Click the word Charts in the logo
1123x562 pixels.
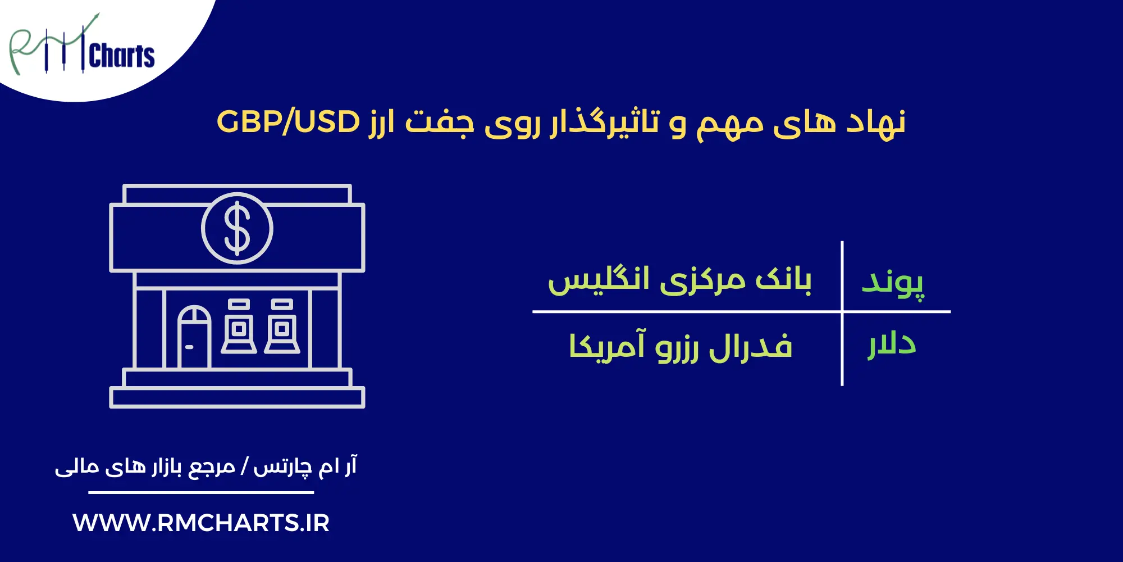click(122, 56)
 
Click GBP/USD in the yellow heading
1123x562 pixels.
click(288, 121)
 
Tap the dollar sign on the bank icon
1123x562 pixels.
click(237, 228)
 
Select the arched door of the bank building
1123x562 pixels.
click(194, 336)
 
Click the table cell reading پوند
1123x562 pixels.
click(892, 282)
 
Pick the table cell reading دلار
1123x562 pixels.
click(892, 345)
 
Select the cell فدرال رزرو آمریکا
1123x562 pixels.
click(680, 346)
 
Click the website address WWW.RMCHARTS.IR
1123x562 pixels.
click(200, 523)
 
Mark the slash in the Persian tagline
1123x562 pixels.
click(244, 467)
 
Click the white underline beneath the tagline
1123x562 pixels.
click(200, 493)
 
